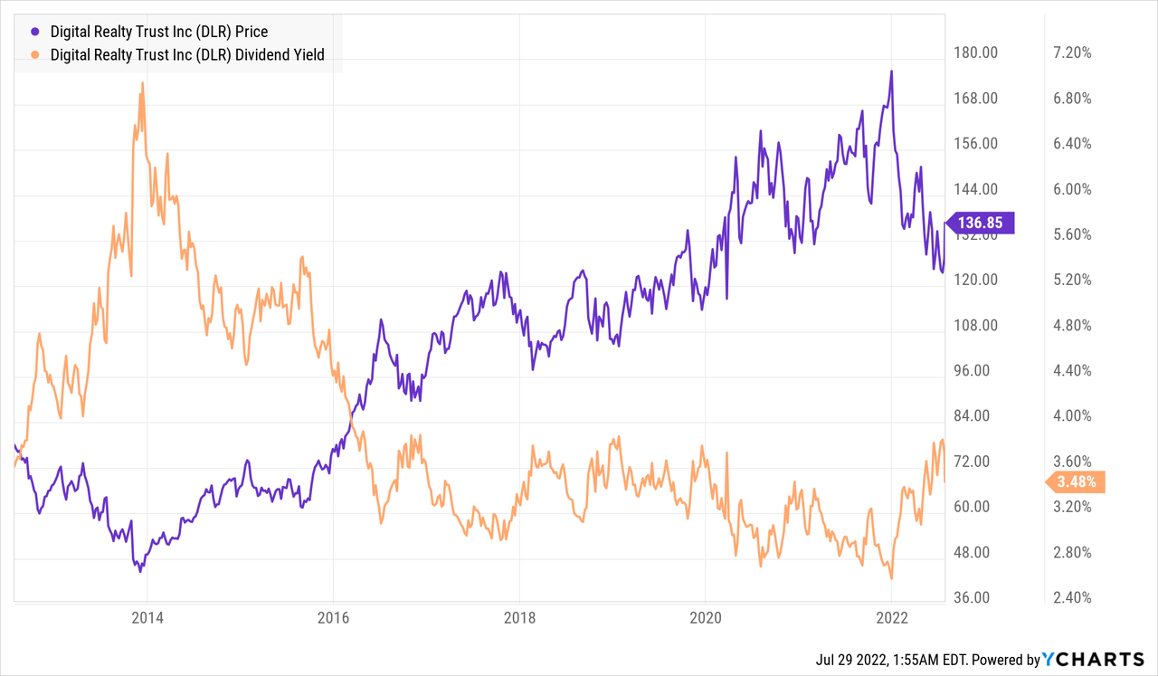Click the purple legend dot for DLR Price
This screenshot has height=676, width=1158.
[x=23, y=32]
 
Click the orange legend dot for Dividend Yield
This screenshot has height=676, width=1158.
[x=23, y=55]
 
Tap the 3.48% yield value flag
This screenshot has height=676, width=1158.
[x=1075, y=481]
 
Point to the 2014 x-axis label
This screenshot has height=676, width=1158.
[x=147, y=618]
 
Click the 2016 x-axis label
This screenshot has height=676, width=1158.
[x=333, y=618]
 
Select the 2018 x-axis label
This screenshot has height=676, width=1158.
[x=519, y=618]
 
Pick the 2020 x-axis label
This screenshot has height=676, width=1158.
[x=705, y=618]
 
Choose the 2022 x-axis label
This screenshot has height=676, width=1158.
[x=891, y=618]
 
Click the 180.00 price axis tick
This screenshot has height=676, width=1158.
[x=977, y=52]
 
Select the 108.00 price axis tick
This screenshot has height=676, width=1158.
[x=977, y=325]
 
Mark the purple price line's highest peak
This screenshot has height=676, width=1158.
[x=891, y=71]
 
